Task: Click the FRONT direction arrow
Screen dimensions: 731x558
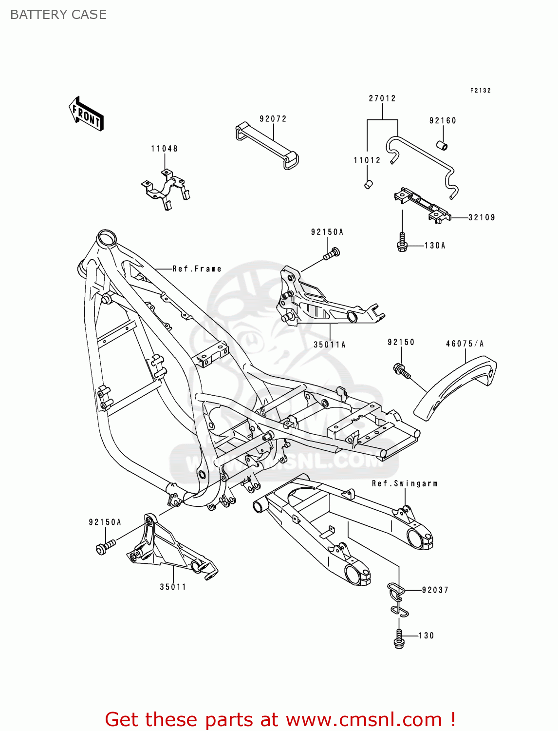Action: pos(86,114)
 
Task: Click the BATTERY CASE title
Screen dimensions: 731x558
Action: pos(58,15)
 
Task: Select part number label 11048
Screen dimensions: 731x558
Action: pos(164,149)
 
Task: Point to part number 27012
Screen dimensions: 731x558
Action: pos(382,98)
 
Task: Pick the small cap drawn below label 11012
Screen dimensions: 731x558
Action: pos(369,184)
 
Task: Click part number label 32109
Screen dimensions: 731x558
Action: pos(482,218)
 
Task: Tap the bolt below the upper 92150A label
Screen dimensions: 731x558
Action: pos(332,253)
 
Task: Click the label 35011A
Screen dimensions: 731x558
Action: pos(330,345)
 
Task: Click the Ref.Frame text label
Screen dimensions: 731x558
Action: pos(197,269)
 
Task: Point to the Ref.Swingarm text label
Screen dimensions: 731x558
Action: pos(405,483)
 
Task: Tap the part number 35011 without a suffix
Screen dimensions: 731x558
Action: pos(173,587)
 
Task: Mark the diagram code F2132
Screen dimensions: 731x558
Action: pos(480,91)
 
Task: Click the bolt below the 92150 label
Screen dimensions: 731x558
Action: pos(402,371)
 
